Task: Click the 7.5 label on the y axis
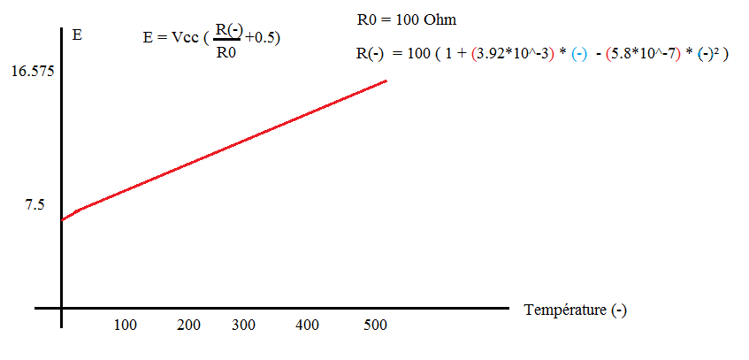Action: pyautogui.click(x=34, y=204)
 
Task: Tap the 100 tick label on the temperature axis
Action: pyautogui.click(x=126, y=326)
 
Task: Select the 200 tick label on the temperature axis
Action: pyautogui.click(x=189, y=326)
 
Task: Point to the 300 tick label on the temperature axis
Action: pyautogui.click(x=243, y=326)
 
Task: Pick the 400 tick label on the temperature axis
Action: pyautogui.click(x=307, y=326)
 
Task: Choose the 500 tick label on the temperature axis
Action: pyautogui.click(x=376, y=326)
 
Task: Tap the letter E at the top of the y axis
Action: pyautogui.click(x=77, y=37)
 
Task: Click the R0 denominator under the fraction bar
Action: pyautogui.click(x=225, y=52)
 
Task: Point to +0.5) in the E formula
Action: pyautogui.click(x=264, y=38)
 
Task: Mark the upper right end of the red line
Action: pyautogui.click(x=386, y=80)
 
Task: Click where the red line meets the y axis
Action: pyautogui.click(x=62, y=219)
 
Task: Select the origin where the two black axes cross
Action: pyautogui.click(x=62, y=309)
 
